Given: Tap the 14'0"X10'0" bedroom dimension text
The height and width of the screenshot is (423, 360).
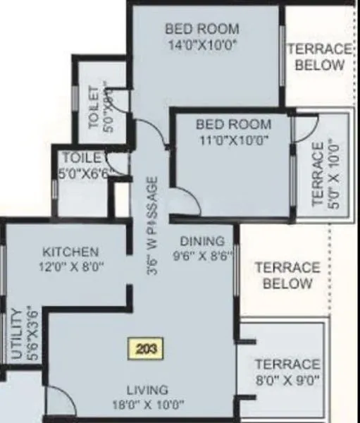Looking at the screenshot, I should point(201,44).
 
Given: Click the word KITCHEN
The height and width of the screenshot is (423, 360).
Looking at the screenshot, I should point(70,252).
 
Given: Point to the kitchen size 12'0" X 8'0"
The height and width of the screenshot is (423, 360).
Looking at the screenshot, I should point(70,266).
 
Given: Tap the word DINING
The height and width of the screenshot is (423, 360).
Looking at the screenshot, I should point(201,241).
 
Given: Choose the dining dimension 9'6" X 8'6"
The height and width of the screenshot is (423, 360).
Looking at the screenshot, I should point(201,256).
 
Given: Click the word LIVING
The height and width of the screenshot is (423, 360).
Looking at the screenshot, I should point(147,390).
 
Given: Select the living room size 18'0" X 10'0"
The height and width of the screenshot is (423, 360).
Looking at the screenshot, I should point(147,405).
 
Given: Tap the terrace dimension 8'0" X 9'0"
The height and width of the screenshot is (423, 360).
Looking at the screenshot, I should point(287,381).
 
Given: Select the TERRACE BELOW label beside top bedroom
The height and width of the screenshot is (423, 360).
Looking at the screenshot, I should point(319,57).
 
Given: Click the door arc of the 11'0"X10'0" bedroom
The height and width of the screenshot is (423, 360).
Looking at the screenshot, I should point(185,200).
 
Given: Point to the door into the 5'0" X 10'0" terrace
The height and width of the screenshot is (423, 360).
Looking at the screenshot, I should point(306,126).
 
